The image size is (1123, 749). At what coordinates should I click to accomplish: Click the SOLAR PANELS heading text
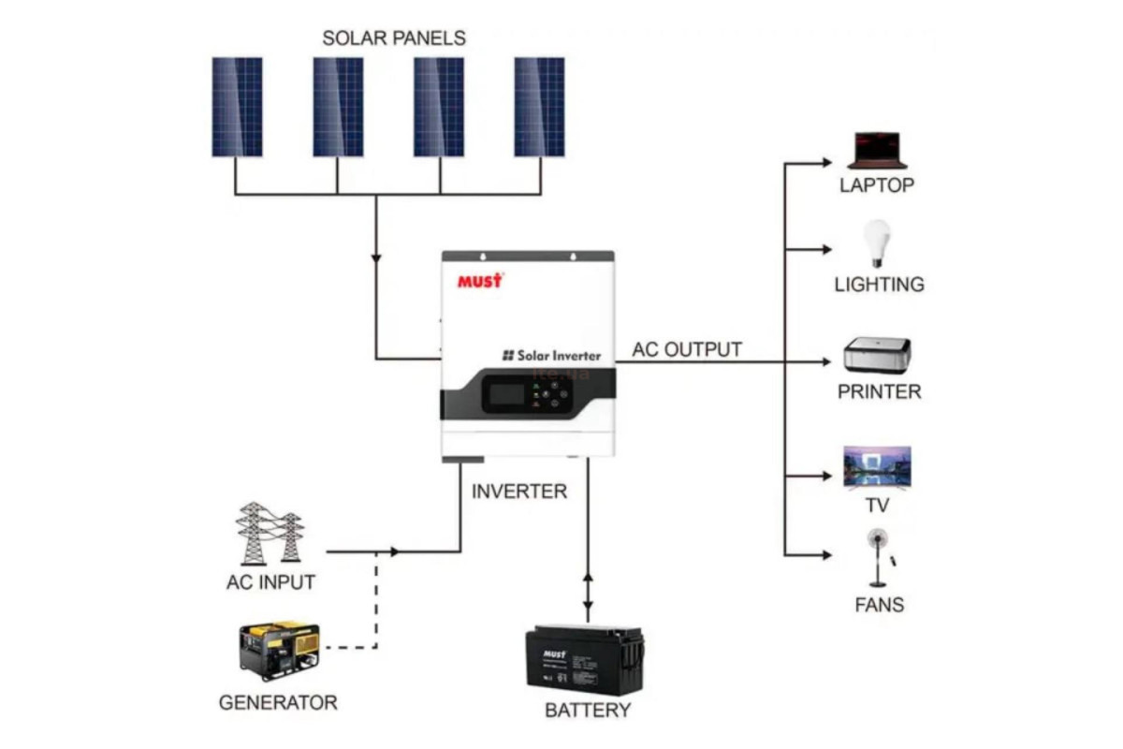[x=394, y=38]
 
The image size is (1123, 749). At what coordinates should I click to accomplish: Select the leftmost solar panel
[x=237, y=107]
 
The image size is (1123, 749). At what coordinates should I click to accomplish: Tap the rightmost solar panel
[x=539, y=107]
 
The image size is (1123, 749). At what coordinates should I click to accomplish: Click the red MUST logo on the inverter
[x=480, y=280]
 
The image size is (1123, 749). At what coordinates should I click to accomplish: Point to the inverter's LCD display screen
[x=506, y=392]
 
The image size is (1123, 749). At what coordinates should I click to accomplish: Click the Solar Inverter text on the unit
[x=552, y=356]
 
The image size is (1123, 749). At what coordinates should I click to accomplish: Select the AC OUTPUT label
[x=687, y=350]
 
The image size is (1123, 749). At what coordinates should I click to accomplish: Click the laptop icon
[x=877, y=151]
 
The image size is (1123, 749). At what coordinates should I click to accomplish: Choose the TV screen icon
[x=877, y=467]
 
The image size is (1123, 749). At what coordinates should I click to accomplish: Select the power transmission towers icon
[x=270, y=534]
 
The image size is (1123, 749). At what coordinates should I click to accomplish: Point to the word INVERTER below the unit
[x=519, y=492]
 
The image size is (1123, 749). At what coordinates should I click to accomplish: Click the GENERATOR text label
[x=278, y=702]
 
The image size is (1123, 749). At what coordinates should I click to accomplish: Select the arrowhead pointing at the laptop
[x=825, y=162]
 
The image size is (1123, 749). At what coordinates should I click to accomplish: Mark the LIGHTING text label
[x=879, y=285]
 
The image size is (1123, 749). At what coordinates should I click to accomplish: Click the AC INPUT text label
[x=270, y=582]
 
